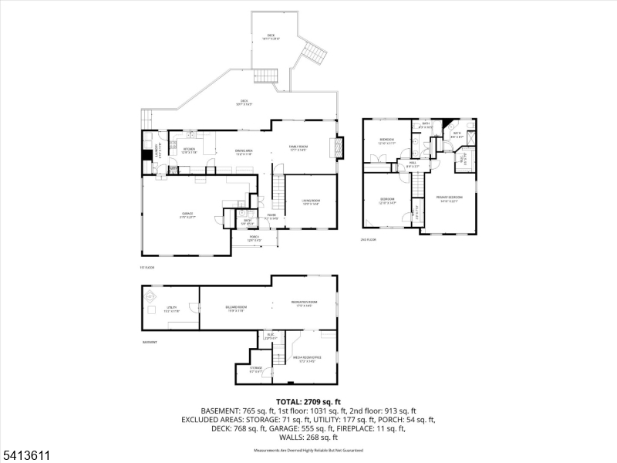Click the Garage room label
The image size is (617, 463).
click(187, 215)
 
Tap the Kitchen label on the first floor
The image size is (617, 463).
click(189, 150)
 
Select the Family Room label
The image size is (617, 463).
click(298, 148)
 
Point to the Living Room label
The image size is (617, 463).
click(310, 202)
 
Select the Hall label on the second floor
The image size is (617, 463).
click(413, 164)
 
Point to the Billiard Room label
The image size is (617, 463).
click(235, 309)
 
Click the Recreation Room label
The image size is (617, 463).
click(304, 303)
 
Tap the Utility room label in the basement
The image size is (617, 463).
click(172, 309)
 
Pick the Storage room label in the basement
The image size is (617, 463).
click(256, 369)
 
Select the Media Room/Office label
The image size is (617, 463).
click(306, 359)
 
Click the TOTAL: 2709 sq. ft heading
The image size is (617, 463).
click(308, 402)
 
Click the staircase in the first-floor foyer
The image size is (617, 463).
click(276, 187)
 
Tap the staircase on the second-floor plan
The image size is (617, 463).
click(417, 185)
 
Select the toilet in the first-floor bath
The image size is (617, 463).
click(241, 214)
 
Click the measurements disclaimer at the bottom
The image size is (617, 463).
click(308, 450)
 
